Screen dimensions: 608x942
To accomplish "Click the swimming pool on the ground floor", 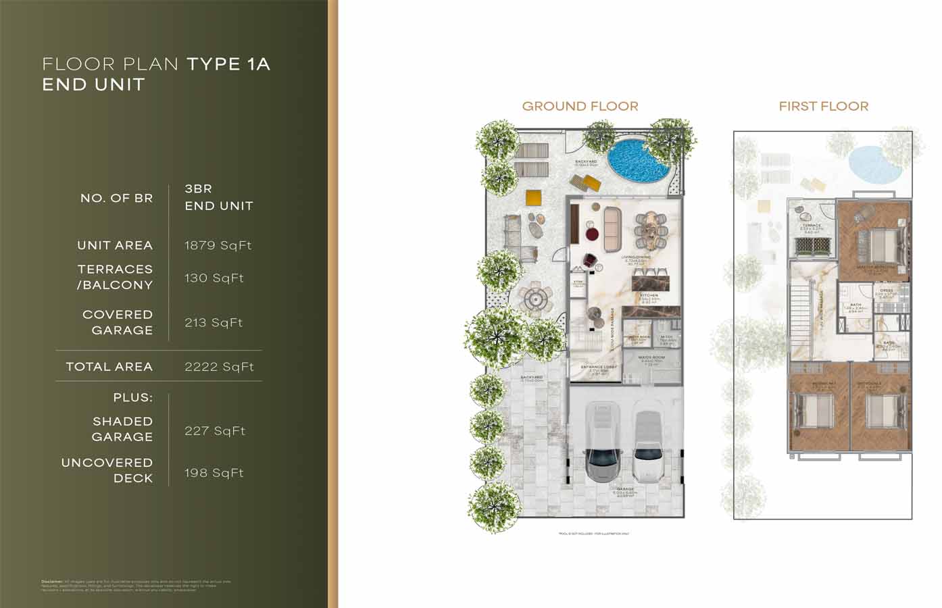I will tap(637, 161).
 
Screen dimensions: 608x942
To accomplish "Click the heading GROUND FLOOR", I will tap(580, 106).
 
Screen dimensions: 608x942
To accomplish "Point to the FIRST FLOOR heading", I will tap(823, 106).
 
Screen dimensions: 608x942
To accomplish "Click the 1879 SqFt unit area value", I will tap(218, 245).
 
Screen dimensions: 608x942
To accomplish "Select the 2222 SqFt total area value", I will tap(219, 367).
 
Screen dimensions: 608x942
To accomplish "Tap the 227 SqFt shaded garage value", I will tap(215, 430).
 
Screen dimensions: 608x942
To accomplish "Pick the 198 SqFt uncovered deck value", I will tap(214, 473).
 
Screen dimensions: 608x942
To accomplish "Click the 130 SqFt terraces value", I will tap(214, 278).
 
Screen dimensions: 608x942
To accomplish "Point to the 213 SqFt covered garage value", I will tap(214, 322).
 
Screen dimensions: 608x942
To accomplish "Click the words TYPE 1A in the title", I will tap(228, 64).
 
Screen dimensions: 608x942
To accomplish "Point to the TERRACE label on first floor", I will tap(812, 225).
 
